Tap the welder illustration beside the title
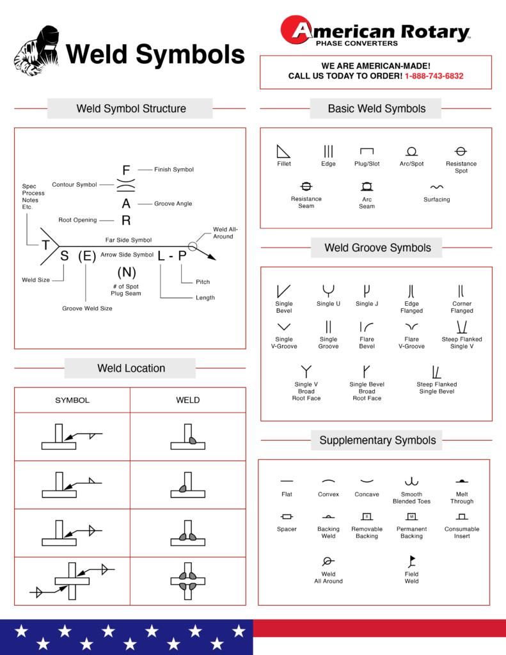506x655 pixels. click(x=38, y=51)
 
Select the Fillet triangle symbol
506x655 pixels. click(x=283, y=152)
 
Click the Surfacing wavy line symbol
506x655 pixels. click(x=436, y=187)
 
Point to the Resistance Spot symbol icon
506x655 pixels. click(x=461, y=152)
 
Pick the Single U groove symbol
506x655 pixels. click(x=328, y=291)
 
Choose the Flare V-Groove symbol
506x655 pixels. click(x=411, y=326)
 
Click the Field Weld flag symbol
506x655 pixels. click(x=411, y=562)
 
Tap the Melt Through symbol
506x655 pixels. click(x=461, y=480)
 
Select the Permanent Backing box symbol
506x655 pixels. click(x=411, y=516)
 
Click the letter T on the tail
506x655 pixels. click(x=46, y=246)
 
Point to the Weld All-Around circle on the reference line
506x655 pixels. click(x=193, y=246)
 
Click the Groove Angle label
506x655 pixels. click(x=173, y=204)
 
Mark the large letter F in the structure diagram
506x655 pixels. click(x=126, y=170)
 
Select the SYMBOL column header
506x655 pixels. click(x=72, y=400)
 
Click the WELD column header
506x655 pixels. click(x=187, y=400)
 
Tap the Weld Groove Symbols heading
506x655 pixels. click(x=377, y=248)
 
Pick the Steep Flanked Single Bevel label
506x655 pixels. click(x=436, y=388)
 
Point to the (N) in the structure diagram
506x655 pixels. click(x=126, y=272)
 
